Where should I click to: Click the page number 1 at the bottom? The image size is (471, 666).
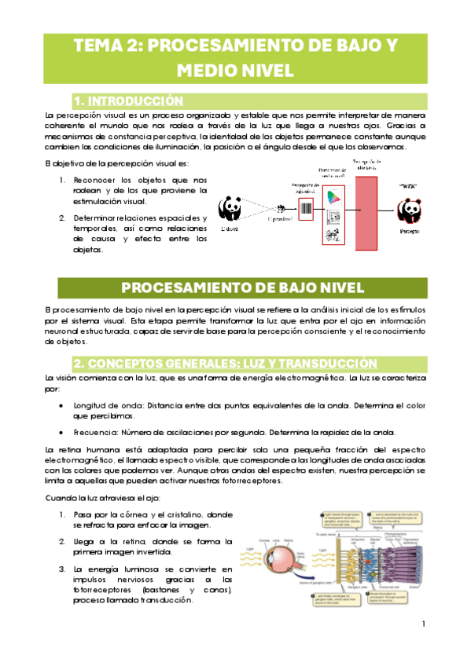coord(423,624)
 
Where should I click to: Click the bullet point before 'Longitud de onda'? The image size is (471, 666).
coord(62,405)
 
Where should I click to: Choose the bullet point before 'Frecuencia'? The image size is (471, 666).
coord(62,433)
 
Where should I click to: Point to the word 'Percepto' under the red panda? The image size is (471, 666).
coord(410,233)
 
